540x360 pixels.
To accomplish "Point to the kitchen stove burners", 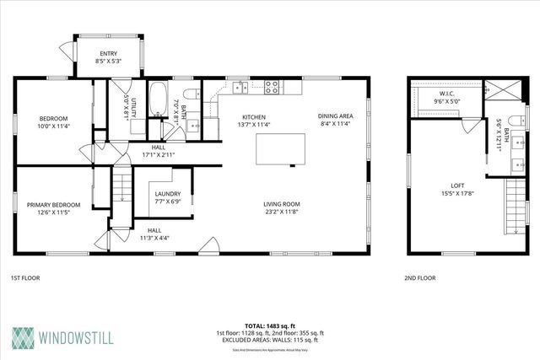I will (273, 85).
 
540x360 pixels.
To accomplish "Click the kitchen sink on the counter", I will (240, 86).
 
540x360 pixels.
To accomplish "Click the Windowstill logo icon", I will (23, 336).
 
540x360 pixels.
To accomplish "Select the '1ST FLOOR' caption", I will (25, 277).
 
